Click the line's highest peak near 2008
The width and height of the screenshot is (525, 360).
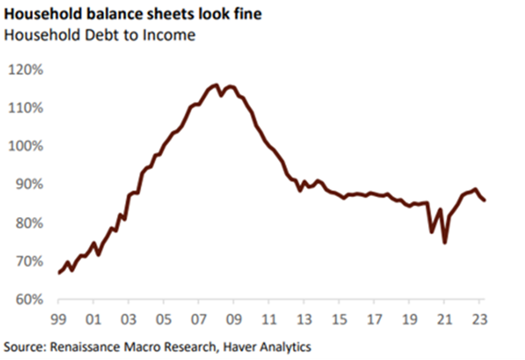tap(215, 85)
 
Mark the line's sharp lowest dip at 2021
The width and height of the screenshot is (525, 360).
tap(444, 242)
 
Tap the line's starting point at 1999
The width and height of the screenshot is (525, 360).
tap(59, 273)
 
